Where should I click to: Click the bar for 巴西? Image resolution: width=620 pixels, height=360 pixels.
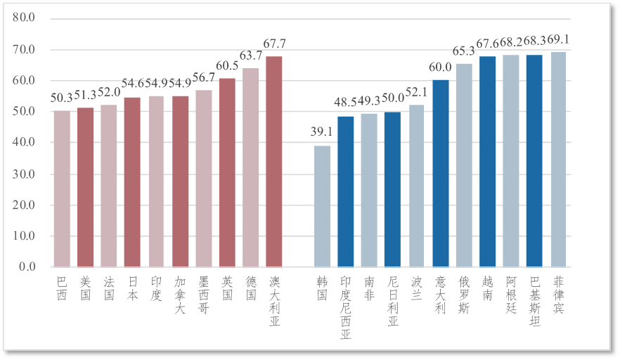click(x=62, y=188)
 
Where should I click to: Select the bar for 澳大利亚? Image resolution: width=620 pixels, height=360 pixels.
click(x=273, y=161)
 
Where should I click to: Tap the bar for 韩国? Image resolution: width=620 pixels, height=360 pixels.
click(x=322, y=206)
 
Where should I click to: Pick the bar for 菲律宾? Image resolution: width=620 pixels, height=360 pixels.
click(x=558, y=159)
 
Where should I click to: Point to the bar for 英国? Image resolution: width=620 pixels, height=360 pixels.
click(x=227, y=172)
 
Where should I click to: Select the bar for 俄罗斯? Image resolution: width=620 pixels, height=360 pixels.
click(x=464, y=165)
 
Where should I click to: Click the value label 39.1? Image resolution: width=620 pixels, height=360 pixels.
click(x=322, y=131)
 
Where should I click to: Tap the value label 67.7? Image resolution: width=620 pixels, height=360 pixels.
click(x=273, y=44)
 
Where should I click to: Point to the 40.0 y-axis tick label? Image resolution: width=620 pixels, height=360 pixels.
click(x=23, y=142)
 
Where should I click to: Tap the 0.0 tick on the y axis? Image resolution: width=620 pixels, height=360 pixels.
click(x=26, y=267)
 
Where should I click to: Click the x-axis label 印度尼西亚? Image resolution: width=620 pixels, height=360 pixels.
click(x=345, y=308)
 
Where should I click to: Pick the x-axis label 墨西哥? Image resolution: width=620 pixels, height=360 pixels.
click(x=203, y=295)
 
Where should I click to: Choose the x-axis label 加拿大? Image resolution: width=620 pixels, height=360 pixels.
click(x=179, y=295)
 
